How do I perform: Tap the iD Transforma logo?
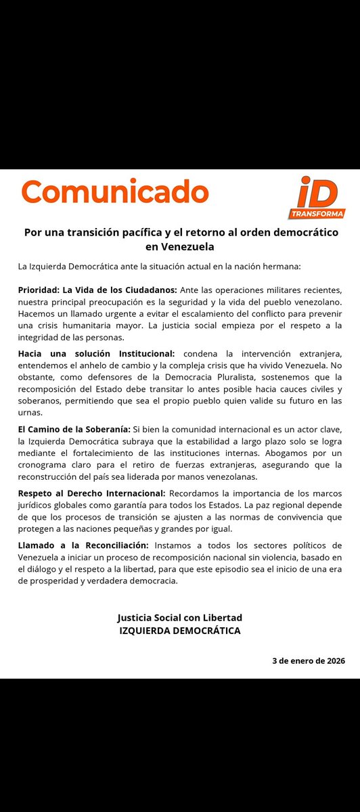[x=321, y=198]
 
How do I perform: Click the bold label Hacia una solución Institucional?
[x=96, y=353]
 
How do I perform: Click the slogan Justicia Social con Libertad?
[x=179, y=618]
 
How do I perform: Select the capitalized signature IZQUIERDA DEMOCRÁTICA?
[x=179, y=631]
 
